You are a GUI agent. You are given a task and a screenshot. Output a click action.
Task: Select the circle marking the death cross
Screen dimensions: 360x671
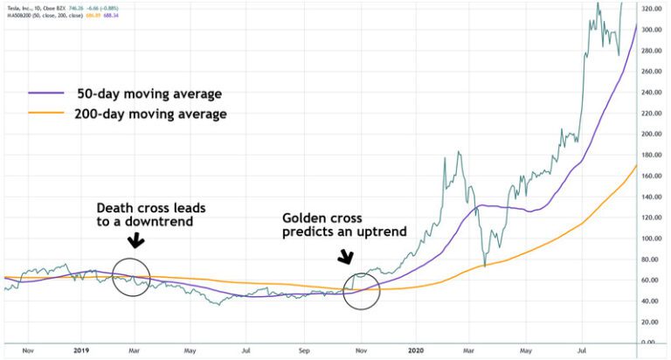click(131, 278)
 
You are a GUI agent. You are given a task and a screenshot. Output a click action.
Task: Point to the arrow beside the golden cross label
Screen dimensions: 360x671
click(347, 256)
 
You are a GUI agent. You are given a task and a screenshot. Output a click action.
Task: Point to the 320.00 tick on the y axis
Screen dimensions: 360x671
click(649, 10)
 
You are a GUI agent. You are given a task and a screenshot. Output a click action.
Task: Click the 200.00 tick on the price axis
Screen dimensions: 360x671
click(649, 135)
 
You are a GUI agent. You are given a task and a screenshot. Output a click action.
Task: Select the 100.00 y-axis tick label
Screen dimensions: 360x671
click(649, 239)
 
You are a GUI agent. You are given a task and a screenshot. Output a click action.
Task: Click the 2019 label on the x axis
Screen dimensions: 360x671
click(82, 350)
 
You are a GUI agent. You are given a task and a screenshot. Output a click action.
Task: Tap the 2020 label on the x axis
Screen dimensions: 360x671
click(415, 350)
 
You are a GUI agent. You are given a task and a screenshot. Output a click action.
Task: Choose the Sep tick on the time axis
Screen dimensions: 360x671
click(305, 350)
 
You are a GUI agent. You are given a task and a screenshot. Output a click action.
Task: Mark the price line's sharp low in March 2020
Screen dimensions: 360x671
click(484, 266)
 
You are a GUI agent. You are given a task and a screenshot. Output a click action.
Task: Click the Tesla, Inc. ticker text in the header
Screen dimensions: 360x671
click(21, 5)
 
